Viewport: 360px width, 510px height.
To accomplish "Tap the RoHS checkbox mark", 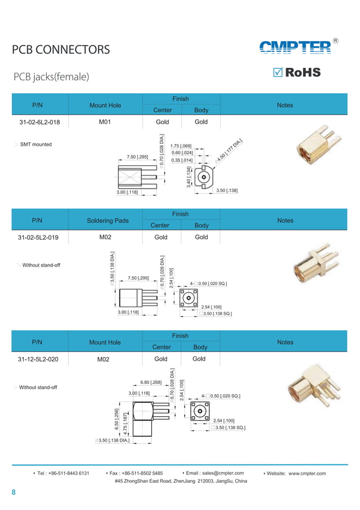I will pos(278,73).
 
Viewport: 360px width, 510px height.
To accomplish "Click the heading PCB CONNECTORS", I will pos(61,50).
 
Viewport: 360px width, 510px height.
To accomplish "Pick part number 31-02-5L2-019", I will pos(38,237).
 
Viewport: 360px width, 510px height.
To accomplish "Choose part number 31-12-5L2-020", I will pos(38,359).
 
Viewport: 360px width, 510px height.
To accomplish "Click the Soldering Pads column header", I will pos(106,220).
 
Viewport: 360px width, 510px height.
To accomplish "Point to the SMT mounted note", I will pos(36,145).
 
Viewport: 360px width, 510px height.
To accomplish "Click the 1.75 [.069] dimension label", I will pos(181,146).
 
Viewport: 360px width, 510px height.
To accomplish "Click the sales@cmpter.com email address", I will pos(215,473).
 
